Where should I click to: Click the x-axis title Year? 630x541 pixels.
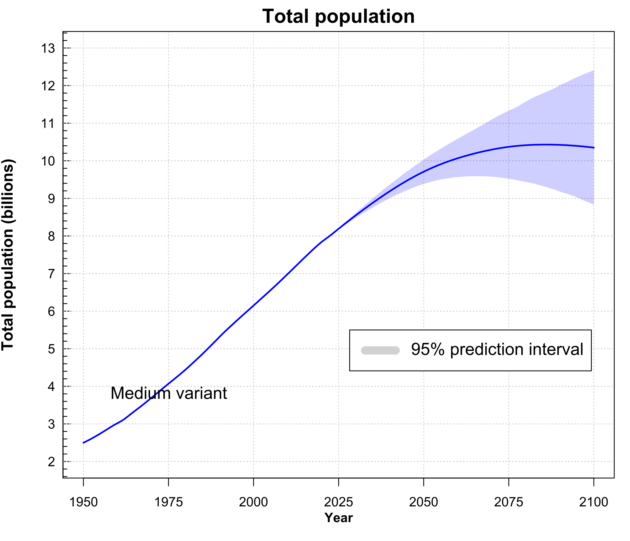click(338, 518)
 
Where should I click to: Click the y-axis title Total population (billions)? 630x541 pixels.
click(8, 255)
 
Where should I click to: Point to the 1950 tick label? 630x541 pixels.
click(84, 502)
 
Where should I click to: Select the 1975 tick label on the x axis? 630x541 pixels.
click(169, 502)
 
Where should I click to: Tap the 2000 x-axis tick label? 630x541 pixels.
click(253, 502)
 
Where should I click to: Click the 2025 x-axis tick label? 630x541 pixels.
click(338, 502)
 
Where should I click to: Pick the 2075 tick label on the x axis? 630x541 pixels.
click(508, 502)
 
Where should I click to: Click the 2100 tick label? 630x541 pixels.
click(593, 502)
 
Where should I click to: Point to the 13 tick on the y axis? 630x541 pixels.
click(48, 48)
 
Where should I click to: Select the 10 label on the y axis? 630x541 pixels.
click(48, 161)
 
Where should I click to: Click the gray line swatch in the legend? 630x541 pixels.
click(380, 350)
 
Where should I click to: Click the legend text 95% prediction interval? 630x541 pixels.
click(497, 350)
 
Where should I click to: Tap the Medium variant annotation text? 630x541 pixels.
click(169, 393)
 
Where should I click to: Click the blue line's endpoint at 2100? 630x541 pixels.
click(594, 148)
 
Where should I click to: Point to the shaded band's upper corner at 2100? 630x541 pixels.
click(593, 71)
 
